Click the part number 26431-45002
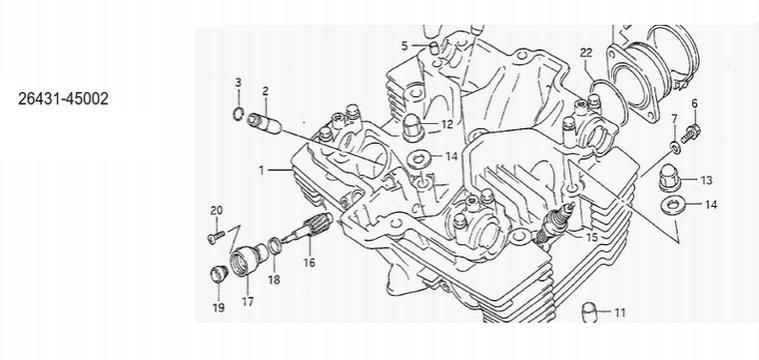coord(63,99)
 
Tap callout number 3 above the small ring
coord(238,82)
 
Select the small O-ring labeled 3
coord(238,115)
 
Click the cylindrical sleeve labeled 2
coord(264,123)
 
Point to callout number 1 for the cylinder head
coord(261,170)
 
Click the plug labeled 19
coord(219,273)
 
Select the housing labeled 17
coord(248,259)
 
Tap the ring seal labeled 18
coord(274,246)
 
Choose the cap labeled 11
coord(589,311)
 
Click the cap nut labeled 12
coord(414,128)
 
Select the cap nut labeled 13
coord(670,179)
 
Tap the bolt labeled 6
coord(690,133)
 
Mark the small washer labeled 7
coord(676,147)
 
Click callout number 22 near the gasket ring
coord(586,53)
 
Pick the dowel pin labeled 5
coord(435,48)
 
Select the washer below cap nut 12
coord(418,159)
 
